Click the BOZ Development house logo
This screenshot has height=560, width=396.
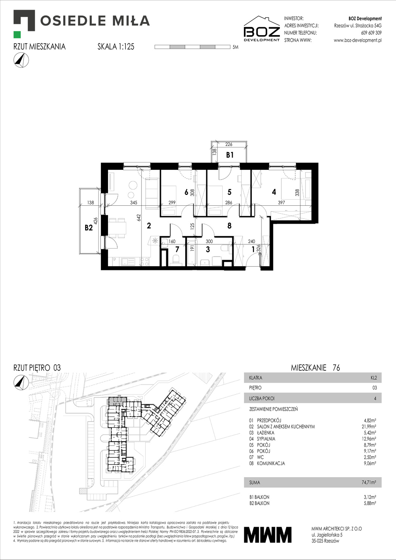point(262,29)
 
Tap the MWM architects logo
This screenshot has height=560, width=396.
point(267,535)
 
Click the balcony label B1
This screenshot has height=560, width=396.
point(229,155)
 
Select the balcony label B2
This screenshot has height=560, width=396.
point(89,227)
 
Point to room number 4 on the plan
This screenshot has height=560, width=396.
point(274,192)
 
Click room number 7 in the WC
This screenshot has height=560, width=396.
point(177,249)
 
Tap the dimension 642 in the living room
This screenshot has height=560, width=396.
point(138,218)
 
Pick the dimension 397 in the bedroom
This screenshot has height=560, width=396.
point(281,202)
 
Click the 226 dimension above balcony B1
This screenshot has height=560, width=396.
point(229,144)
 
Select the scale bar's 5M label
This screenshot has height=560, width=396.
point(235,47)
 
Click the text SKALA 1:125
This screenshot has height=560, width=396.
point(116,47)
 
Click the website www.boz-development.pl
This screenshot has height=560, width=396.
point(358,40)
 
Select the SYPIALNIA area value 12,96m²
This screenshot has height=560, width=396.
point(368,439)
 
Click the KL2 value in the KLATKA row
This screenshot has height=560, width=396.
point(373,377)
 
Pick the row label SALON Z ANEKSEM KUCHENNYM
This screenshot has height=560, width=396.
point(286,426)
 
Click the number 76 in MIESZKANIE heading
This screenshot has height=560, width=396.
point(336,368)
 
